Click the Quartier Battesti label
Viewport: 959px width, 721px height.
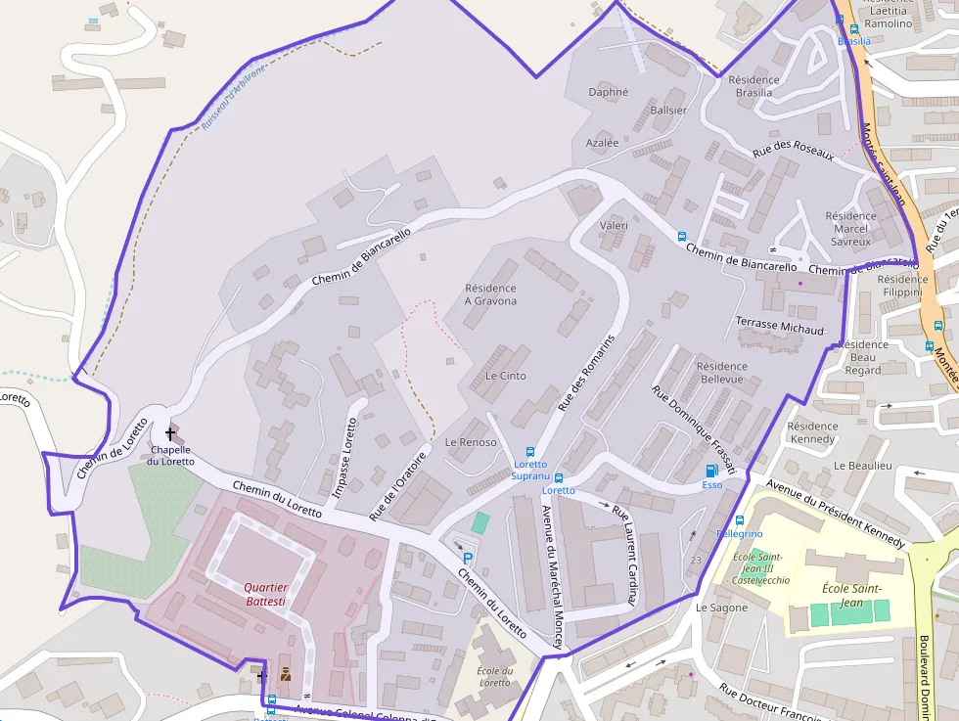(265, 594)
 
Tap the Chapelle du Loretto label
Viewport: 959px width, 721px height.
(171, 456)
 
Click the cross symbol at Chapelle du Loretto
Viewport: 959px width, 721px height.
(170, 432)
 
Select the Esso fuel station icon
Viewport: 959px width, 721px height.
(711, 471)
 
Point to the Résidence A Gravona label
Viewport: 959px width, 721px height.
(490, 294)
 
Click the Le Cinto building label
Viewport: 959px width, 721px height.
(505, 376)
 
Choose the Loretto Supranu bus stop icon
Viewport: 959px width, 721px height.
(530, 452)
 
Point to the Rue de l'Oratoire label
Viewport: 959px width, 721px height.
(398, 485)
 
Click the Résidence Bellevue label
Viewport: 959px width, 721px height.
(722, 373)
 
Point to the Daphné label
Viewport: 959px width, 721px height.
(609, 93)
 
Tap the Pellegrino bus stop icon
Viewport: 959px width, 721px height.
(740, 520)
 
